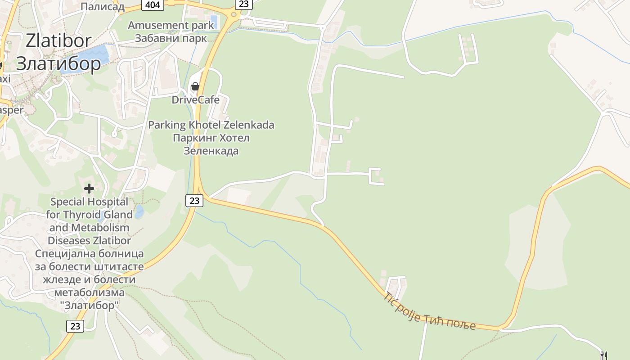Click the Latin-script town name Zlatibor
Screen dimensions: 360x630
(58, 41)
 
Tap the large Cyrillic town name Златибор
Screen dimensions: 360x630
(58, 63)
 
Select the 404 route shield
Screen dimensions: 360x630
(153, 4)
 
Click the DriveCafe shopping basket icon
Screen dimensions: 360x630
(195, 86)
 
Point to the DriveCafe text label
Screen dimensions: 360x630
(195, 99)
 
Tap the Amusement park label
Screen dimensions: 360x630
(171, 25)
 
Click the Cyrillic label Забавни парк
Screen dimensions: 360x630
(171, 38)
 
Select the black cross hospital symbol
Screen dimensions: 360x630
(89, 188)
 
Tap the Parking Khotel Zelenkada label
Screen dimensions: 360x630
(211, 125)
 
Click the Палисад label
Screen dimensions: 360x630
(102, 6)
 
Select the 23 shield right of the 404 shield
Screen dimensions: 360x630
(243, 4)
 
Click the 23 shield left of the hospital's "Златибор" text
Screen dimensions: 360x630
(75, 326)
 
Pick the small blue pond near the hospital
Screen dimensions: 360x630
(139, 211)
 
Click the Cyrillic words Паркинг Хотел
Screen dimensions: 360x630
(211, 138)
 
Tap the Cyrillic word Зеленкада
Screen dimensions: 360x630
(211, 151)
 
